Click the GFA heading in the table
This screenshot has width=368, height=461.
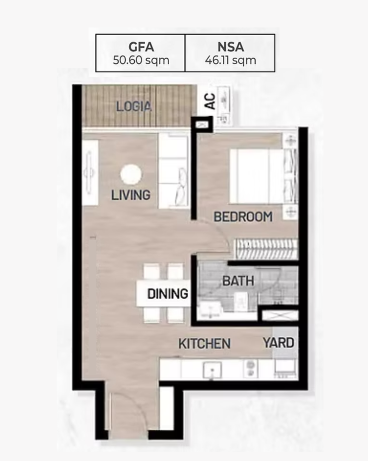click(141, 47)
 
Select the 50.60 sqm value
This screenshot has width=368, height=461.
click(141, 61)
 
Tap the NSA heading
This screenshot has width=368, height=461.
click(230, 47)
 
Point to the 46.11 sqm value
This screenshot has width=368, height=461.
click(230, 61)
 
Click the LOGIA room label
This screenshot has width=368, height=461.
click(134, 106)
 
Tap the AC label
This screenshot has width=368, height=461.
click(210, 101)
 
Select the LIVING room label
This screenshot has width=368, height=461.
click(131, 195)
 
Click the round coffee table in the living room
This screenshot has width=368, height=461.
click(131, 174)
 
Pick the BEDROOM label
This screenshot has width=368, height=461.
click(243, 217)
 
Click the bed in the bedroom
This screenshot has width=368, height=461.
click(257, 176)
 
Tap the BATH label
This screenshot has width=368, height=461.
click(238, 281)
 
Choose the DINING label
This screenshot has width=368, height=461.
click(168, 294)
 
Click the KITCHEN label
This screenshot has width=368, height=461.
click(205, 344)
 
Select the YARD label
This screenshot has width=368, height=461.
click(278, 343)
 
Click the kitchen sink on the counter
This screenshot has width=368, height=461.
click(212, 370)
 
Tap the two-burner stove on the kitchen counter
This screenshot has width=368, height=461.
click(250, 369)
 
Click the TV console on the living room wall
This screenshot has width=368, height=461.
click(90, 172)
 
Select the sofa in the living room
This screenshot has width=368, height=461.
click(173, 171)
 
